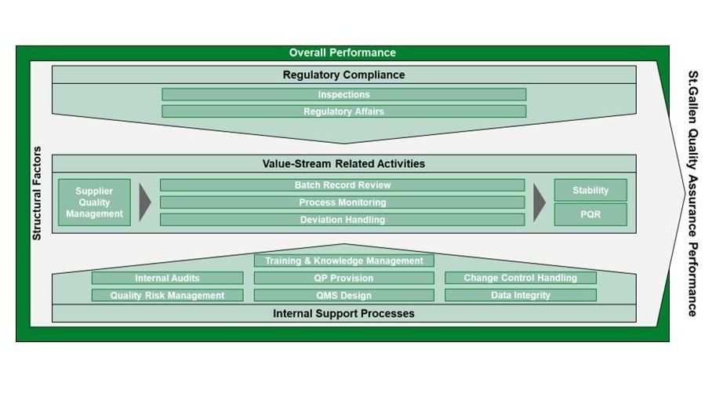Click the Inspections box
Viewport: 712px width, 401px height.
click(343, 94)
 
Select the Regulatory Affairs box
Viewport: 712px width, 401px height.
click(343, 111)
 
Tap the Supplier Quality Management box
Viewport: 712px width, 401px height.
click(94, 202)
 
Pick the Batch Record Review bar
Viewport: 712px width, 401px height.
click(343, 185)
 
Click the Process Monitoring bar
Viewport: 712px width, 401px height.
click(343, 202)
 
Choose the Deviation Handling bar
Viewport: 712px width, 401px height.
click(343, 220)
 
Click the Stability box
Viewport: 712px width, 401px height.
click(590, 190)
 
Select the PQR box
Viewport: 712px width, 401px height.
click(590, 214)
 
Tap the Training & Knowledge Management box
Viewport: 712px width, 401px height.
click(343, 261)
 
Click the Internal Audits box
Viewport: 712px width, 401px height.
click(167, 278)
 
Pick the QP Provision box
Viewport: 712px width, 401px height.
click(343, 278)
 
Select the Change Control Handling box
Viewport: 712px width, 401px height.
click(520, 278)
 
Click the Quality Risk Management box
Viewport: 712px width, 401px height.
click(167, 295)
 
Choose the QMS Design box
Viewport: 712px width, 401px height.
click(343, 295)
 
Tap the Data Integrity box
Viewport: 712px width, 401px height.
click(520, 295)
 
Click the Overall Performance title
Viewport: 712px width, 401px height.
click(343, 53)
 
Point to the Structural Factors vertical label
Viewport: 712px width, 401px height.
click(35, 193)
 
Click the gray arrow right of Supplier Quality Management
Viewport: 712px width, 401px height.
click(144, 202)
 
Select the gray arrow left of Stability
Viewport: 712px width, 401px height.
click(539, 202)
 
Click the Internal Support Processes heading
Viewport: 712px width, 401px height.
click(343, 313)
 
